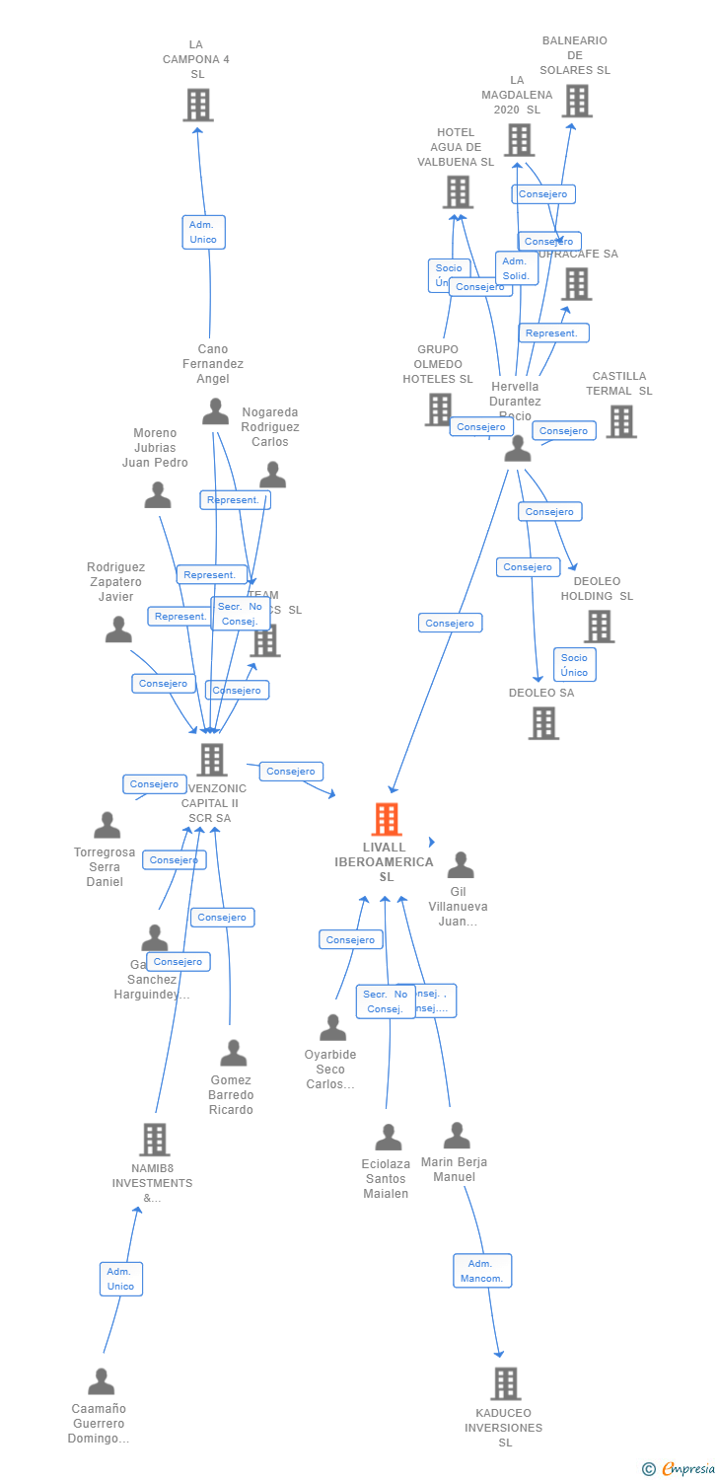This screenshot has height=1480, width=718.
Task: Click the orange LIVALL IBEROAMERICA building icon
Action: click(x=387, y=820)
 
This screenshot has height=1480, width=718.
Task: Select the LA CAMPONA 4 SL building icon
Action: click(x=198, y=105)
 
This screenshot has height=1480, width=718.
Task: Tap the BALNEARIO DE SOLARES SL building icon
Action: click(x=577, y=101)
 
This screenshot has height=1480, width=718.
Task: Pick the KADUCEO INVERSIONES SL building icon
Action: click(x=505, y=1383)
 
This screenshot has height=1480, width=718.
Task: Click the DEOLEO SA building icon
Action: click(x=543, y=723)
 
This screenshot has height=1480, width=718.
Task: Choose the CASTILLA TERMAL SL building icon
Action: click(x=620, y=421)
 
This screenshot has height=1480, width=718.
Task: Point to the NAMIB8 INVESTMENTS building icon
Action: click(x=154, y=1140)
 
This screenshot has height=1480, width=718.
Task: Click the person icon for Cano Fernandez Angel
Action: click(x=215, y=411)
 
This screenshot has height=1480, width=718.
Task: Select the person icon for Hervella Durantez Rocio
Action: click(x=517, y=449)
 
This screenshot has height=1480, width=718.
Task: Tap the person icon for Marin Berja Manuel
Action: click(x=456, y=1136)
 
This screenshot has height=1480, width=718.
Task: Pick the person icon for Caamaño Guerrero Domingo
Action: click(x=101, y=1381)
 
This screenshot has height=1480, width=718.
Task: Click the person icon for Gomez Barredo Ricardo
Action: click(x=233, y=1054)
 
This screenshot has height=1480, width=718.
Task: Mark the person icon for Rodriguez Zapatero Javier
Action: click(x=118, y=629)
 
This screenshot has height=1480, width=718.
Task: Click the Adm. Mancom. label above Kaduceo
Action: click(x=481, y=1271)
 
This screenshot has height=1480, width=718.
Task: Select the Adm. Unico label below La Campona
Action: click(x=203, y=232)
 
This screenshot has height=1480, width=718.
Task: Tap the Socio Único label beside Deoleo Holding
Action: click(x=574, y=665)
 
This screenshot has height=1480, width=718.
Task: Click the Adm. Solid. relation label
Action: click(x=516, y=268)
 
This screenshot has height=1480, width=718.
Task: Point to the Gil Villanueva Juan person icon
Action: click(x=461, y=865)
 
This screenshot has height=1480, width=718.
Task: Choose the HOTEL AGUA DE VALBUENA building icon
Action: click(x=458, y=192)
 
